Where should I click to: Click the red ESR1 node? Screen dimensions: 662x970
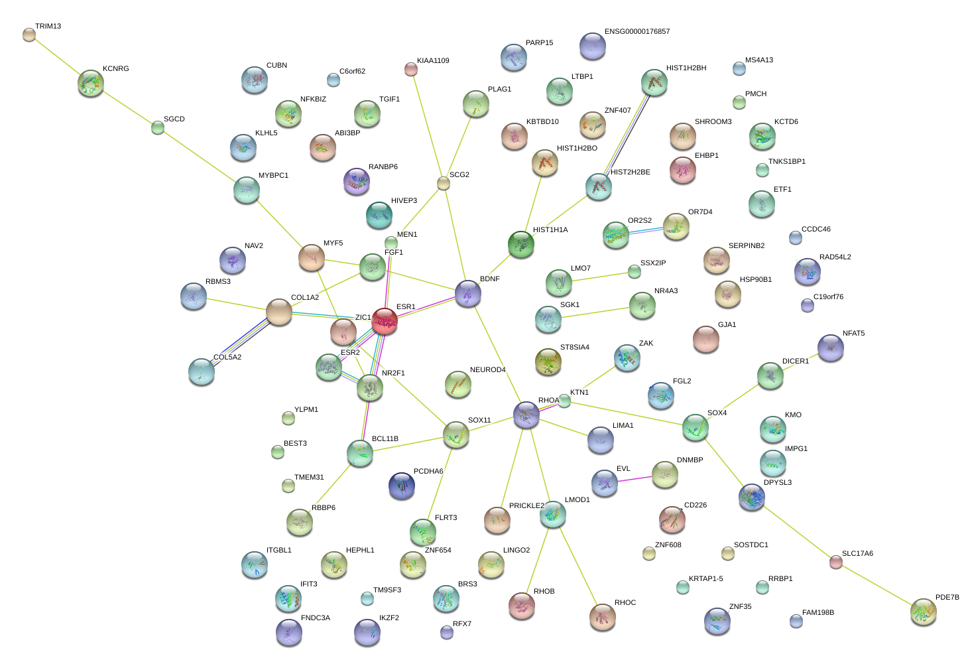click(x=385, y=320)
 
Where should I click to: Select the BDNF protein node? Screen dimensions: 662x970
click(x=468, y=293)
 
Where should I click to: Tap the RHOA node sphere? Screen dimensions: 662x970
click(x=526, y=415)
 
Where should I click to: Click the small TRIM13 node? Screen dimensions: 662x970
click(x=29, y=34)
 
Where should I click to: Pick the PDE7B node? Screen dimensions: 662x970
click(x=923, y=612)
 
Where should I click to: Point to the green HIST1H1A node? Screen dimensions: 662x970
click(x=521, y=244)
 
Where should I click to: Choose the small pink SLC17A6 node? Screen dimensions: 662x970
click(x=836, y=562)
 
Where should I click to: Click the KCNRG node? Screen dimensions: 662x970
click(x=91, y=83)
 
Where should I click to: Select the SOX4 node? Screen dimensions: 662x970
click(x=695, y=427)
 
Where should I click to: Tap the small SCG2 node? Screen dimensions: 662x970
click(x=444, y=183)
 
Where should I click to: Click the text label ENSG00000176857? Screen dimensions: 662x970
click(x=637, y=32)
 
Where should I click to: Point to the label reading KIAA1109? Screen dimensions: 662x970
click(x=433, y=61)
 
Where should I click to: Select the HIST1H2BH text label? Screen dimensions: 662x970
click(x=686, y=68)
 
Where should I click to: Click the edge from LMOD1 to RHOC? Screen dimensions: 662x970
click(x=577, y=564)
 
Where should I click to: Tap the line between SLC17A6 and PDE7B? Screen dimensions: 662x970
click(x=879, y=586)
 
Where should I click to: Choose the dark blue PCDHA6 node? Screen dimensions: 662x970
click(x=402, y=485)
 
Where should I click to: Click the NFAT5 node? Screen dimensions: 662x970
click(x=831, y=347)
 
